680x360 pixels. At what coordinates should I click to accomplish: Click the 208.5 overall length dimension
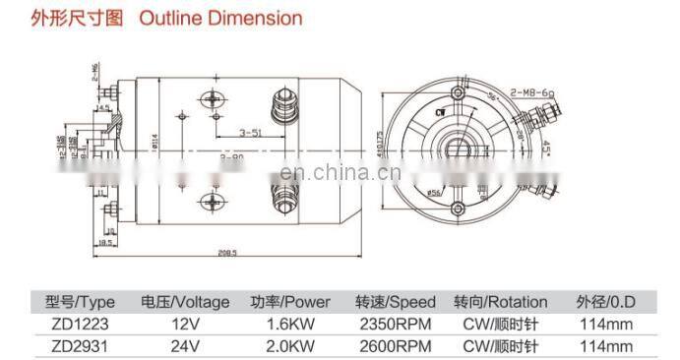pos(229,253)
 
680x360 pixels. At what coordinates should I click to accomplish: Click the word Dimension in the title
pos(259,18)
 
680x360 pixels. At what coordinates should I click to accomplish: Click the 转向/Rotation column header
pos(501,301)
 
